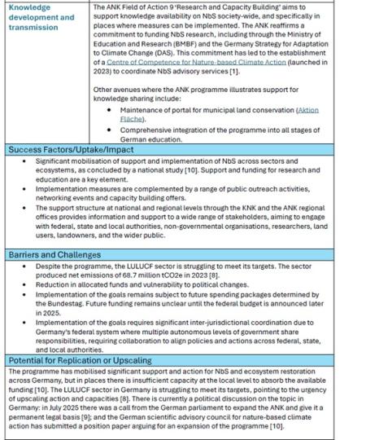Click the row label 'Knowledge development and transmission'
tap(41, 16)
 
